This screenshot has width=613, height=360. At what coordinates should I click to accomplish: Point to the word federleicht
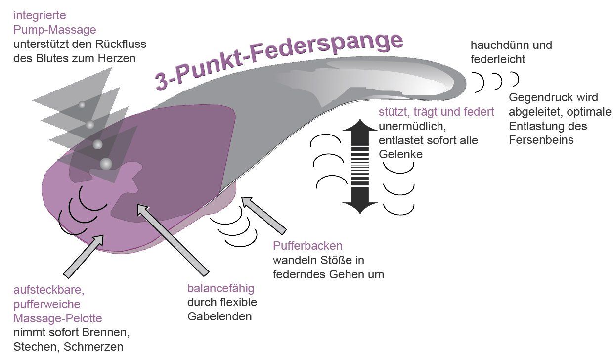(x=498, y=60)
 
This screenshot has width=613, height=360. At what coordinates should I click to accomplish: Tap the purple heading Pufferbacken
(x=307, y=246)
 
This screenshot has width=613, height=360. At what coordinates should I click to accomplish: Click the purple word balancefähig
(x=220, y=288)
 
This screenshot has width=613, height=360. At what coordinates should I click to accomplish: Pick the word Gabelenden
(x=219, y=316)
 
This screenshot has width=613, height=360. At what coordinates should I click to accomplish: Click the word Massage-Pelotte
(x=58, y=318)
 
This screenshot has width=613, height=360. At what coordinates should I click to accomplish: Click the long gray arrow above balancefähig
(x=173, y=240)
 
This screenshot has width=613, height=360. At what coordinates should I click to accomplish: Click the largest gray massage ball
(x=106, y=163)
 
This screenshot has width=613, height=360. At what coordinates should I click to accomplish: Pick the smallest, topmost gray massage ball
(x=82, y=104)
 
